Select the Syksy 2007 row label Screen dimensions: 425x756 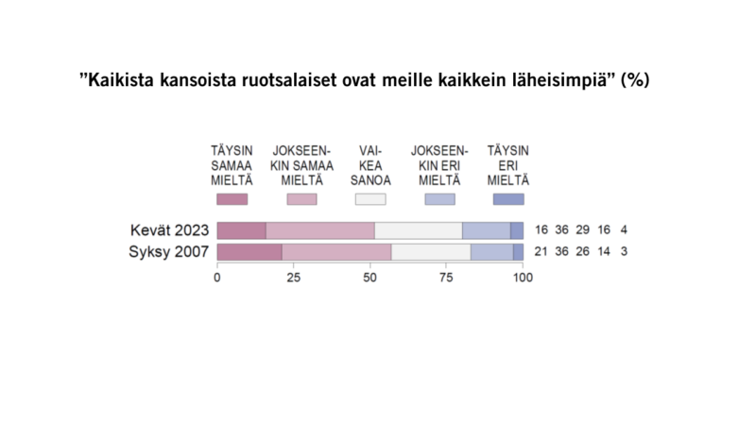click(x=168, y=251)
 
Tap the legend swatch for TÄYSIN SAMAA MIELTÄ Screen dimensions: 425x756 click(x=232, y=199)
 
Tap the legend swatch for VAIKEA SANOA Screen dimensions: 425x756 click(x=369, y=199)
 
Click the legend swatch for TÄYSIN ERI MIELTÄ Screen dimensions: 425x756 click(x=507, y=199)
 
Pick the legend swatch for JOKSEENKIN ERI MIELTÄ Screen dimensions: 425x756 click(x=439, y=199)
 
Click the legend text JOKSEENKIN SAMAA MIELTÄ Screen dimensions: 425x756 click(x=301, y=165)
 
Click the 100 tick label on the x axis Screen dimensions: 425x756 click(x=523, y=278)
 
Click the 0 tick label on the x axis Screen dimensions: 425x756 click(x=217, y=278)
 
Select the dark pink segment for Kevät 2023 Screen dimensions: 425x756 click(x=242, y=230)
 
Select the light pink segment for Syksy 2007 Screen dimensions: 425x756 click(x=336, y=251)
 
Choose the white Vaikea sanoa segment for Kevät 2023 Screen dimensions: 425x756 click(x=419, y=230)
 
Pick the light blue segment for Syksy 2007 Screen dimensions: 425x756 click(x=491, y=251)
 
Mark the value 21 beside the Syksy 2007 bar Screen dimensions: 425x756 click(x=541, y=251)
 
